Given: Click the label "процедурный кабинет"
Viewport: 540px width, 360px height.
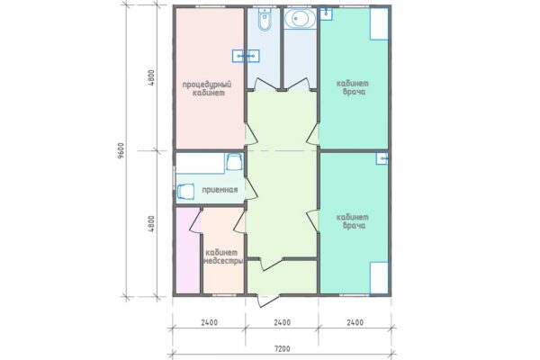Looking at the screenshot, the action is click(207, 88).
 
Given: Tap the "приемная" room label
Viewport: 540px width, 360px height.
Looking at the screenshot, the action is click(220, 190).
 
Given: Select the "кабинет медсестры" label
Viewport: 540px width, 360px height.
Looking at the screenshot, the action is click(224, 256).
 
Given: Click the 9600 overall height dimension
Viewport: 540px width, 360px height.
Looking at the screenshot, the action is click(121, 151).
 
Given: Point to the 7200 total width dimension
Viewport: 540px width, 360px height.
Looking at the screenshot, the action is click(282, 348).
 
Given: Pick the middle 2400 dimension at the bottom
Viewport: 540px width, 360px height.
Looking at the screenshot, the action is click(282, 322).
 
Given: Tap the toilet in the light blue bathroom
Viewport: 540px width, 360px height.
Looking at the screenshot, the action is click(265, 19).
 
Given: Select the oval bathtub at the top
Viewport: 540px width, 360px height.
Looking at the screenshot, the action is click(300, 18).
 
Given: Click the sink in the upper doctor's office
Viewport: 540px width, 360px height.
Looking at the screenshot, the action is click(326, 13).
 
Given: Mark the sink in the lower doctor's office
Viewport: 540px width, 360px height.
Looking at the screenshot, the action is click(382, 158).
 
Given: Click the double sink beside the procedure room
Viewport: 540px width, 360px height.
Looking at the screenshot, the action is click(246, 56).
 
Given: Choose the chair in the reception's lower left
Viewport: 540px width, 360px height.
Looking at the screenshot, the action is click(185, 192).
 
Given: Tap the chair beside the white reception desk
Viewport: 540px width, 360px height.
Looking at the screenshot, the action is click(234, 162).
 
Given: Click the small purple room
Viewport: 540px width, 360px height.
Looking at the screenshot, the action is click(188, 250).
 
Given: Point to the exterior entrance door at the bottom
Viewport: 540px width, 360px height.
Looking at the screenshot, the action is click(268, 300).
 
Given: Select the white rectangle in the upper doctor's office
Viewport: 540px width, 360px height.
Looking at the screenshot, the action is click(379, 23).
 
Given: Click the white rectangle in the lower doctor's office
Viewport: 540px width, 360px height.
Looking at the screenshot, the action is click(379, 278).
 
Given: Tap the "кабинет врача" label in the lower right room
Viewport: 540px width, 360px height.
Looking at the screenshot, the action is click(352, 221).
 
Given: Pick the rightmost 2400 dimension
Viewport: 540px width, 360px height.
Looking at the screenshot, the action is click(355, 322).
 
